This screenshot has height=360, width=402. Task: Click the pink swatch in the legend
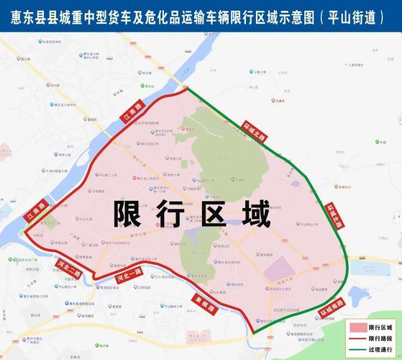click(x=357, y=328)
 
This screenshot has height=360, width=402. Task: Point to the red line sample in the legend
click(x=357, y=338)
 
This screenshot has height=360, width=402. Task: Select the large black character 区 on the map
click(x=216, y=215)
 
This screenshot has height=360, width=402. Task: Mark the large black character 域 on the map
click(x=256, y=215)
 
